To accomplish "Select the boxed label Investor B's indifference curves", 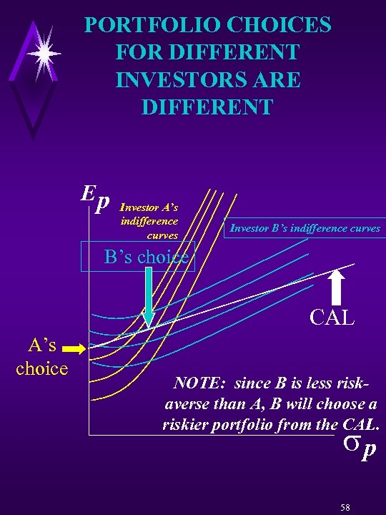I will pos(305,229).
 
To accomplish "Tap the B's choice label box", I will pos(146,257).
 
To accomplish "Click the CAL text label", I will pos(332,317).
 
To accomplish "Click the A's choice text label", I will pos(42,358).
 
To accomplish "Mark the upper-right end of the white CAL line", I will pos(352,265).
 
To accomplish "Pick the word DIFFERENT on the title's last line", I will pos(207,107).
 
